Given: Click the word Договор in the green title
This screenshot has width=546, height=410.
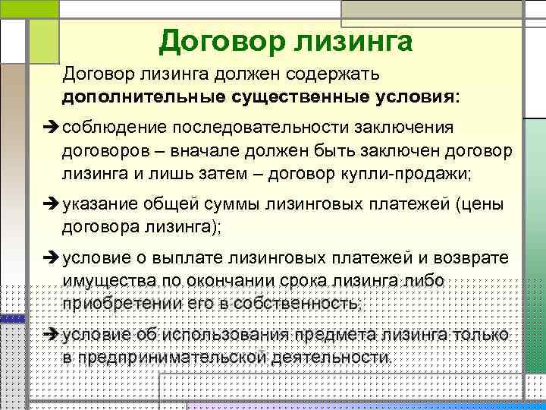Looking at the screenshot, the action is click(221, 43).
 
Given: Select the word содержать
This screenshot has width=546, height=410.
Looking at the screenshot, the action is click(332, 74).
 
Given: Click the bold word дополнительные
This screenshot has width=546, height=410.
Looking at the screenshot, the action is click(143, 97).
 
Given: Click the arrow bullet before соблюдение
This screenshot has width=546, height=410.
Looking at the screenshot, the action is click(52, 127).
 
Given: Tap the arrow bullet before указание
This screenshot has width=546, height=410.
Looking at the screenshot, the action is click(52, 203).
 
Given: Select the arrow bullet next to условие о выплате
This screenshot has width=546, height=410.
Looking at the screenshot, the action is click(52, 258).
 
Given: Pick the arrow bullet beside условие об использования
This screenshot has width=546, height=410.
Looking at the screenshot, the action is click(52, 334).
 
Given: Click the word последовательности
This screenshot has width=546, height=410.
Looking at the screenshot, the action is click(260, 128).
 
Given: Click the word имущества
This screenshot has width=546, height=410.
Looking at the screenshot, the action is click(109, 282).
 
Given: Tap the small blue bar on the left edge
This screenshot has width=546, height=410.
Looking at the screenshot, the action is click(13, 319).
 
